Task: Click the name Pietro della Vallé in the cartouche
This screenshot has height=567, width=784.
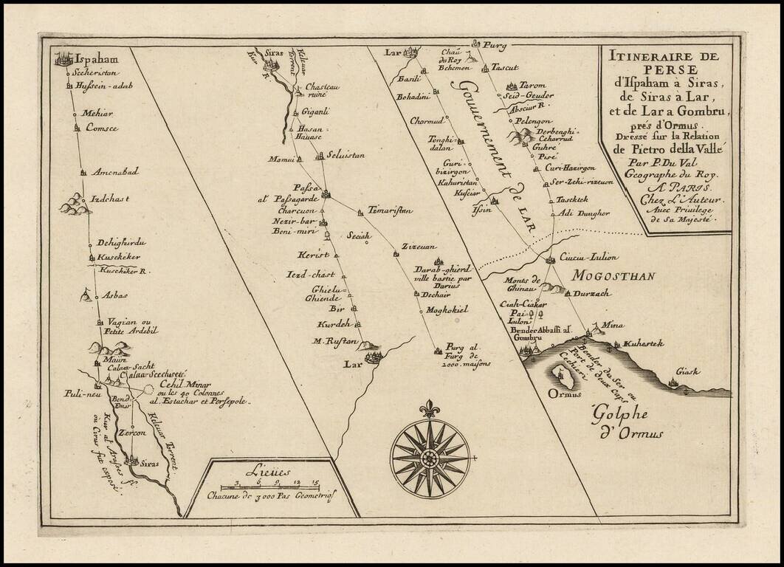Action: point(668,148)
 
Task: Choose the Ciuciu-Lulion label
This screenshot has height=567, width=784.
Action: point(588,258)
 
